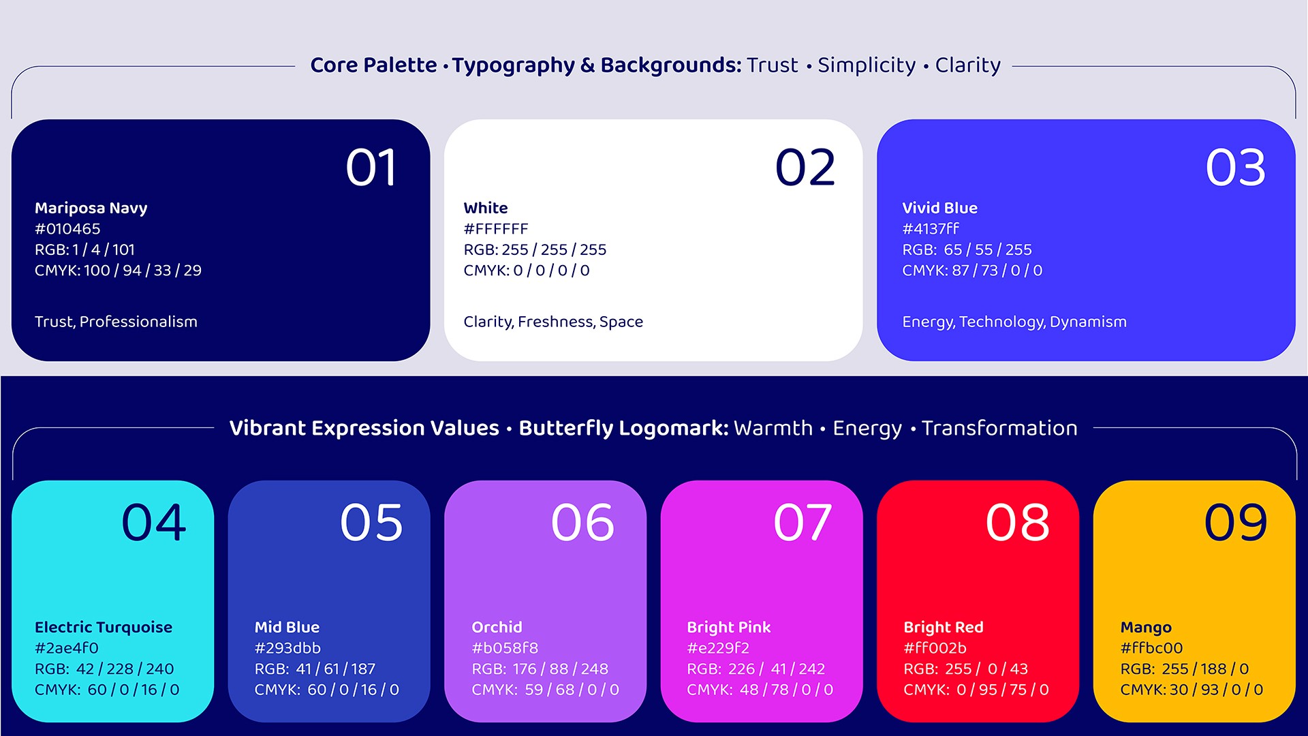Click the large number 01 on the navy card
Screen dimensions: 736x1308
pos(371,168)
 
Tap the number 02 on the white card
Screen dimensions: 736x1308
pos(805,168)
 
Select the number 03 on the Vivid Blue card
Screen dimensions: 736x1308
pos(1236,168)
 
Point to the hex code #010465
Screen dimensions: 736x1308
pos(67,229)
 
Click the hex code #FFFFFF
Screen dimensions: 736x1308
pos(496,229)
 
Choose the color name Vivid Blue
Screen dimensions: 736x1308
pos(939,208)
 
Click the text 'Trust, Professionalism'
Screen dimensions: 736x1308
pos(116,322)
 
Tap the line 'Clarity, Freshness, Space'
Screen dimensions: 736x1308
pos(553,322)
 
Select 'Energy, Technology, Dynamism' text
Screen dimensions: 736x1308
pos(1014,322)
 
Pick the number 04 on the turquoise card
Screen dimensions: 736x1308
pos(154,523)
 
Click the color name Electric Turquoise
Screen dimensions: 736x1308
pos(104,627)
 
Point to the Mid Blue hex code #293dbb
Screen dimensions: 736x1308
pos(287,648)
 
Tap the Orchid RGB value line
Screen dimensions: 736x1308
pos(540,669)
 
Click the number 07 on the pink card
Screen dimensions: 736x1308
pos(803,523)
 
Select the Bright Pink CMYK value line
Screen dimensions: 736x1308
pos(760,690)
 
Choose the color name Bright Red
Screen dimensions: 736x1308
pos(944,627)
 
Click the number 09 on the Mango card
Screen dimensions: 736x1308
pos(1236,523)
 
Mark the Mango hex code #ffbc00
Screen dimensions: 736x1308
pos(1151,648)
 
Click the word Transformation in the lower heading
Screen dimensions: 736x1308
pos(999,428)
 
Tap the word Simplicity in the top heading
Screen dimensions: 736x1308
pos(867,65)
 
